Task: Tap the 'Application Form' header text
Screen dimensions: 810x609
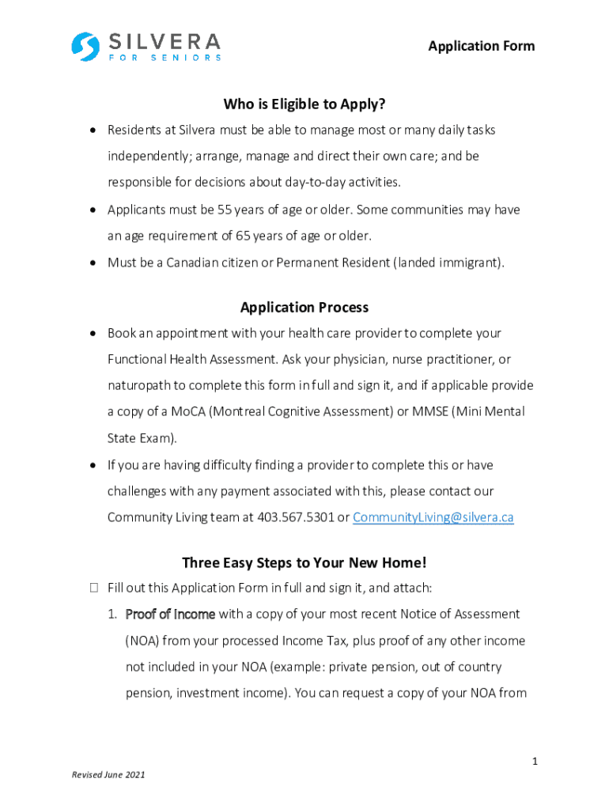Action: click(x=481, y=46)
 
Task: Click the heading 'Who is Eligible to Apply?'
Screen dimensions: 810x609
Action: click(x=304, y=104)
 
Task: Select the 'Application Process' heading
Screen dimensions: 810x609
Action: click(x=304, y=307)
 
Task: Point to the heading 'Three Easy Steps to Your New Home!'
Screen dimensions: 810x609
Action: click(x=304, y=562)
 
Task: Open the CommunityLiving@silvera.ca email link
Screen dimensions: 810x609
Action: click(x=433, y=517)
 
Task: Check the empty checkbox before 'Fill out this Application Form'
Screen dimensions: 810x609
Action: click(x=94, y=588)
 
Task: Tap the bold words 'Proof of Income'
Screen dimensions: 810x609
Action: click(x=169, y=614)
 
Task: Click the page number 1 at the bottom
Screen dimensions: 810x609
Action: click(x=535, y=761)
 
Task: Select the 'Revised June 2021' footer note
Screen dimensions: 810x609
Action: click(x=108, y=775)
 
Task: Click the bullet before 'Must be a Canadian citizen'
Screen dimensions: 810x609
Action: click(x=93, y=263)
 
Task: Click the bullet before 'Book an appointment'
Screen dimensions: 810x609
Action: click(x=93, y=334)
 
